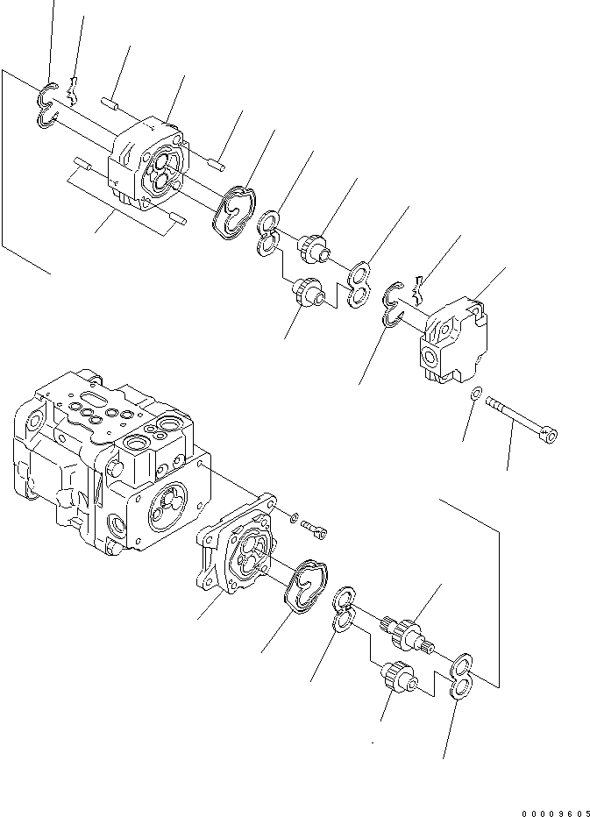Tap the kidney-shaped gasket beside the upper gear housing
point(234,211)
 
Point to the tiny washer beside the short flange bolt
point(295,515)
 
